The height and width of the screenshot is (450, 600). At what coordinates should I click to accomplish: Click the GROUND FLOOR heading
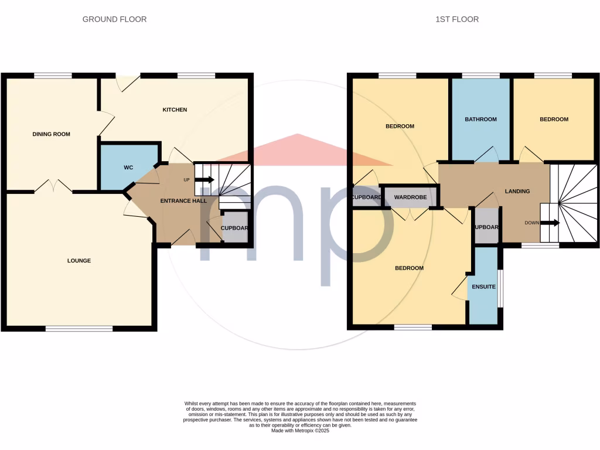click(114, 19)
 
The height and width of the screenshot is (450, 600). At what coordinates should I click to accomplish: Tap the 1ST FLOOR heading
click(457, 19)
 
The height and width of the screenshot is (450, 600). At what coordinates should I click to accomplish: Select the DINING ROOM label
click(51, 134)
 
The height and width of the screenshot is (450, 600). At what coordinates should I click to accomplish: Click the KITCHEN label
click(175, 110)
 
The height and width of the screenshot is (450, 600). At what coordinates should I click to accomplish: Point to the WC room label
click(128, 168)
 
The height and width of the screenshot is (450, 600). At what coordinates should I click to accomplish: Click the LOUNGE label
click(79, 261)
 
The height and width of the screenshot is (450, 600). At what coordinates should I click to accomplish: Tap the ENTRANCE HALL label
click(183, 201)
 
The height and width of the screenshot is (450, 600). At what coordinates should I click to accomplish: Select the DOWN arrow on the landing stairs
click(550, 223)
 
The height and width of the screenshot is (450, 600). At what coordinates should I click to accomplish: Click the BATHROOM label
click(480, 120)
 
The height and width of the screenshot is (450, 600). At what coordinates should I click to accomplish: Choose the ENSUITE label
click(484, 287)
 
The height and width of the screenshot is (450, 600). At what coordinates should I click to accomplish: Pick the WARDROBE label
click(410, 197)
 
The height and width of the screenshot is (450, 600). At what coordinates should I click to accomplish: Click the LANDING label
click(517, 191)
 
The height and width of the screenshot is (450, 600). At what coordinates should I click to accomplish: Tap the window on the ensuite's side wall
click(500, 288)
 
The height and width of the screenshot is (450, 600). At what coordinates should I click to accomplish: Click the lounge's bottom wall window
click(79, 329)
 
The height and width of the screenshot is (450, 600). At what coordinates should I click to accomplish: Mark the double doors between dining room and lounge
click(53, 187)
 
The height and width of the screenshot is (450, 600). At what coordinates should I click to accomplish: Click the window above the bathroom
click(480, 76)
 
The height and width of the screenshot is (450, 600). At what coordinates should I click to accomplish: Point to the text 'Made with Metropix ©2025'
click(300, 431)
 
